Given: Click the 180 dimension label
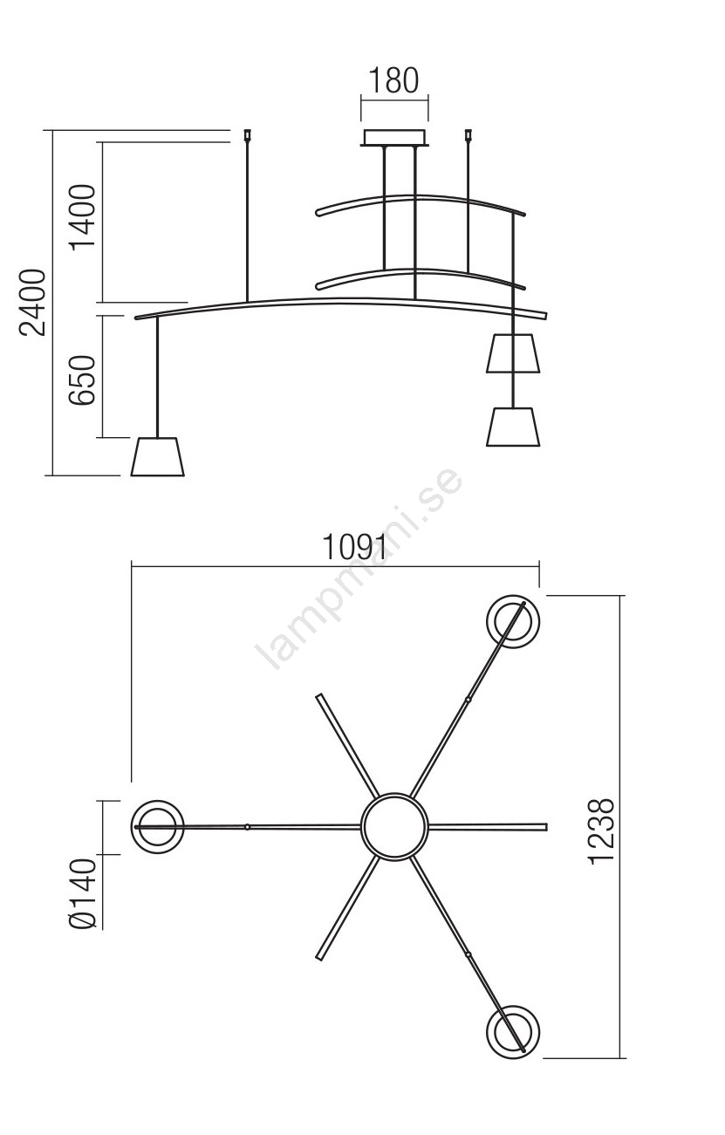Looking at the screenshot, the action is [x=393, y=80].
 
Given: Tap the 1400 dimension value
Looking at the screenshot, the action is [x=83, y=217].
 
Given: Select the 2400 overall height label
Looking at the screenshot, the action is [x=32, y=303].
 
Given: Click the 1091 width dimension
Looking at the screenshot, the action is [x=354, y=547].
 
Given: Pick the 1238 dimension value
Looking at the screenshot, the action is [x=602, y=831].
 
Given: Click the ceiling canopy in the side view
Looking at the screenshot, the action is [x=394, y=138].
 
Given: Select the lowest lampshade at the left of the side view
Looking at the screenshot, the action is [x=158, y=457].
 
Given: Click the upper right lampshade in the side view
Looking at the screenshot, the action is [x=513, y=353].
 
